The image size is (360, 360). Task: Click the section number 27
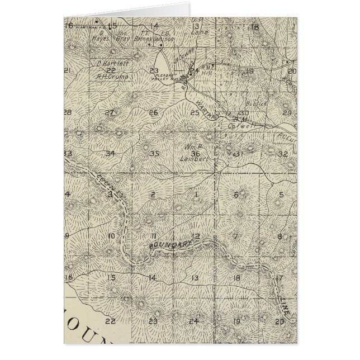click(110, 112)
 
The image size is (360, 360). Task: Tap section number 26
click(153, 113)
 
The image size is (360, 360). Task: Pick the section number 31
click(238, 153)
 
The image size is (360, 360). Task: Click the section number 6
click(236, 195)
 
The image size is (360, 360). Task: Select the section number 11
click(153, 235)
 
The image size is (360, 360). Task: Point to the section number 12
click(196, 235)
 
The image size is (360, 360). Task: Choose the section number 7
click(236, 236)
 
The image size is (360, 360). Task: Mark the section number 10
click(111, 236)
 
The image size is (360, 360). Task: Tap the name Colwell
click(238, 126)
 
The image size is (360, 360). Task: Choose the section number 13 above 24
click(196, 278)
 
